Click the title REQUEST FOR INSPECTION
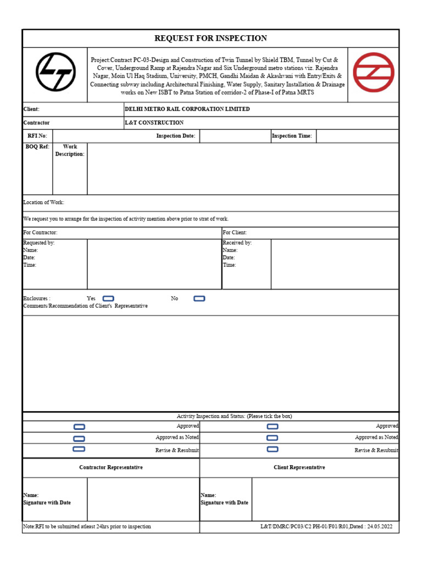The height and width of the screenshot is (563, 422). point(210,38)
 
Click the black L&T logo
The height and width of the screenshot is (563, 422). point(55,72)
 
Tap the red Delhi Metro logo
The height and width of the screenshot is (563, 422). point(373,72)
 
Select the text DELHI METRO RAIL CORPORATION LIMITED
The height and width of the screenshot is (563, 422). point(187,109)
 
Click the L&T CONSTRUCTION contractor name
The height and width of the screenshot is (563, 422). point(154,123)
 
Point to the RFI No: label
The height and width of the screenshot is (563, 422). point(37,136)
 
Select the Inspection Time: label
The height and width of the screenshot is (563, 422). point(292,136)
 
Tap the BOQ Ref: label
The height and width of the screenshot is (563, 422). point(37,147)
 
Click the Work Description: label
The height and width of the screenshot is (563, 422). point(70,151)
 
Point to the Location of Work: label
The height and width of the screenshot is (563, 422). point(44,203)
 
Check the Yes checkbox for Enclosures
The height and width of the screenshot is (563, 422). point(108,299)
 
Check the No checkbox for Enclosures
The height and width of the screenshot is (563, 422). point(199,299)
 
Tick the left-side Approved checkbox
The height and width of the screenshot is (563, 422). point(79,427)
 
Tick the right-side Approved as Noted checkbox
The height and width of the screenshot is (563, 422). point(272,438)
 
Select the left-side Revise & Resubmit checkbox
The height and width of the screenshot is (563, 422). point(79,449)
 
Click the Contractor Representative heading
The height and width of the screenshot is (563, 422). point(111,467)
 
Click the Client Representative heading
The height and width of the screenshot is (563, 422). point(299,467)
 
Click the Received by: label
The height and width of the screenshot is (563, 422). point(237,243)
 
